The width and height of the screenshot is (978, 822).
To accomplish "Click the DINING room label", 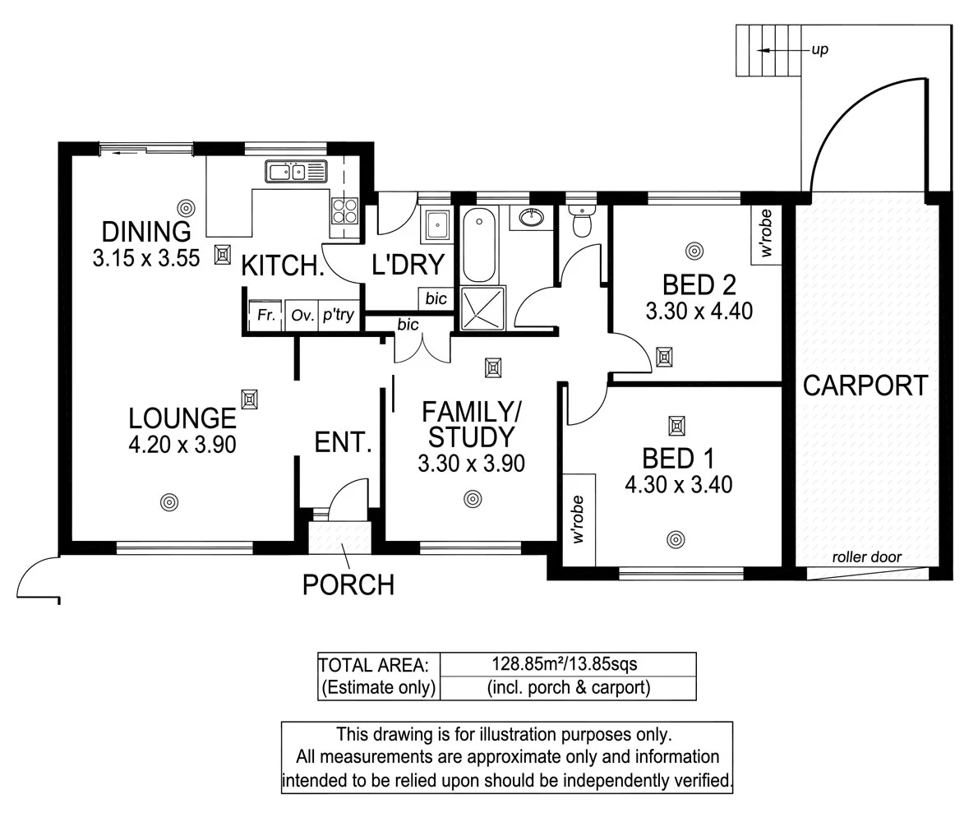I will click(145, 232).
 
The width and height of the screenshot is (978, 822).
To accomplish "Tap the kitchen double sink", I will click(296, 172).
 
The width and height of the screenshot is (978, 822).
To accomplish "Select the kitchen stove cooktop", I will click(344, 212).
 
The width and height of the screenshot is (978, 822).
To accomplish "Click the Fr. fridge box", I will click(265, 315).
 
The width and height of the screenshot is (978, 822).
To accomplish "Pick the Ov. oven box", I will click(301, 315).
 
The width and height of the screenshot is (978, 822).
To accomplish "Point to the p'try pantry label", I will click(339, 315).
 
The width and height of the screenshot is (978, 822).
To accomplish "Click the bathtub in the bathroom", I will click(478, 245).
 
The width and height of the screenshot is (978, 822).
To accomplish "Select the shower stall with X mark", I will click(483, 308).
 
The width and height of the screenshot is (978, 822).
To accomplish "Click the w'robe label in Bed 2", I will click(767, 234).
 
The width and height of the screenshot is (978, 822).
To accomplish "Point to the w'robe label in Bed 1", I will click(578, 520).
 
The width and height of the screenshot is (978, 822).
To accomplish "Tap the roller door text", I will click(866, 557).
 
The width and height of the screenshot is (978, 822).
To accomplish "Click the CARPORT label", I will click(865, 386).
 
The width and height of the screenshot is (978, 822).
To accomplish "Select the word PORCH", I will click(348, 584).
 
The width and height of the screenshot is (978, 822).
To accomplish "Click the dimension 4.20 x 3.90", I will click(182, 445).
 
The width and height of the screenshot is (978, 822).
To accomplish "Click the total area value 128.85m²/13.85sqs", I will click(568, 663).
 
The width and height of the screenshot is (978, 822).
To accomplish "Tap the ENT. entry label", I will click(343, 443).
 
